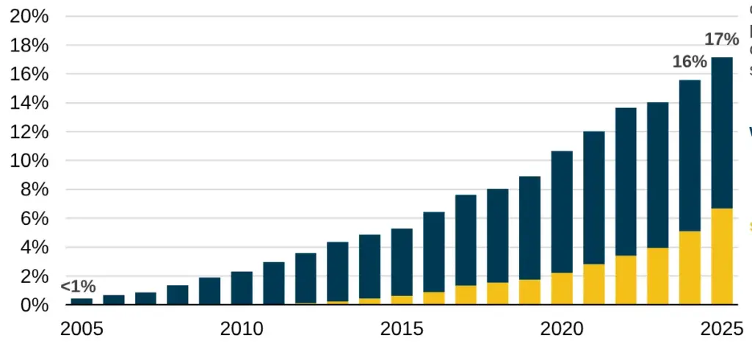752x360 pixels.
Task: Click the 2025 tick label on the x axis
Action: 722,328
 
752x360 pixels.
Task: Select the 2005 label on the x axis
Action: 82,328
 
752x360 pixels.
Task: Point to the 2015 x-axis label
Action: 402,328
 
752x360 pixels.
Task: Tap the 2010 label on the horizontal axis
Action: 242,328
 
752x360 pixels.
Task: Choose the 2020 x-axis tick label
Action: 562,328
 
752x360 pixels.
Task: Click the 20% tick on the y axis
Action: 29,17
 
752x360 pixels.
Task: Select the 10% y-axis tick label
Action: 29,161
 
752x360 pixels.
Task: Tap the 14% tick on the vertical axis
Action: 29,104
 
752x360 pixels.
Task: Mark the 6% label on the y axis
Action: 34,219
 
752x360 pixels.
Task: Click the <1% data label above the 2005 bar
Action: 78,287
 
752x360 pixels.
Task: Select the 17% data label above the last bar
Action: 721,39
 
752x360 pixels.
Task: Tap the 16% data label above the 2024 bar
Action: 690,62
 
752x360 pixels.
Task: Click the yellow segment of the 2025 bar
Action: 722,256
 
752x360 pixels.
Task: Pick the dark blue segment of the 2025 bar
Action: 722,132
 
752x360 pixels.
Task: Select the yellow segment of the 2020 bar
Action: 562,289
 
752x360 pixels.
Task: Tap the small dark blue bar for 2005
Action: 82,301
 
